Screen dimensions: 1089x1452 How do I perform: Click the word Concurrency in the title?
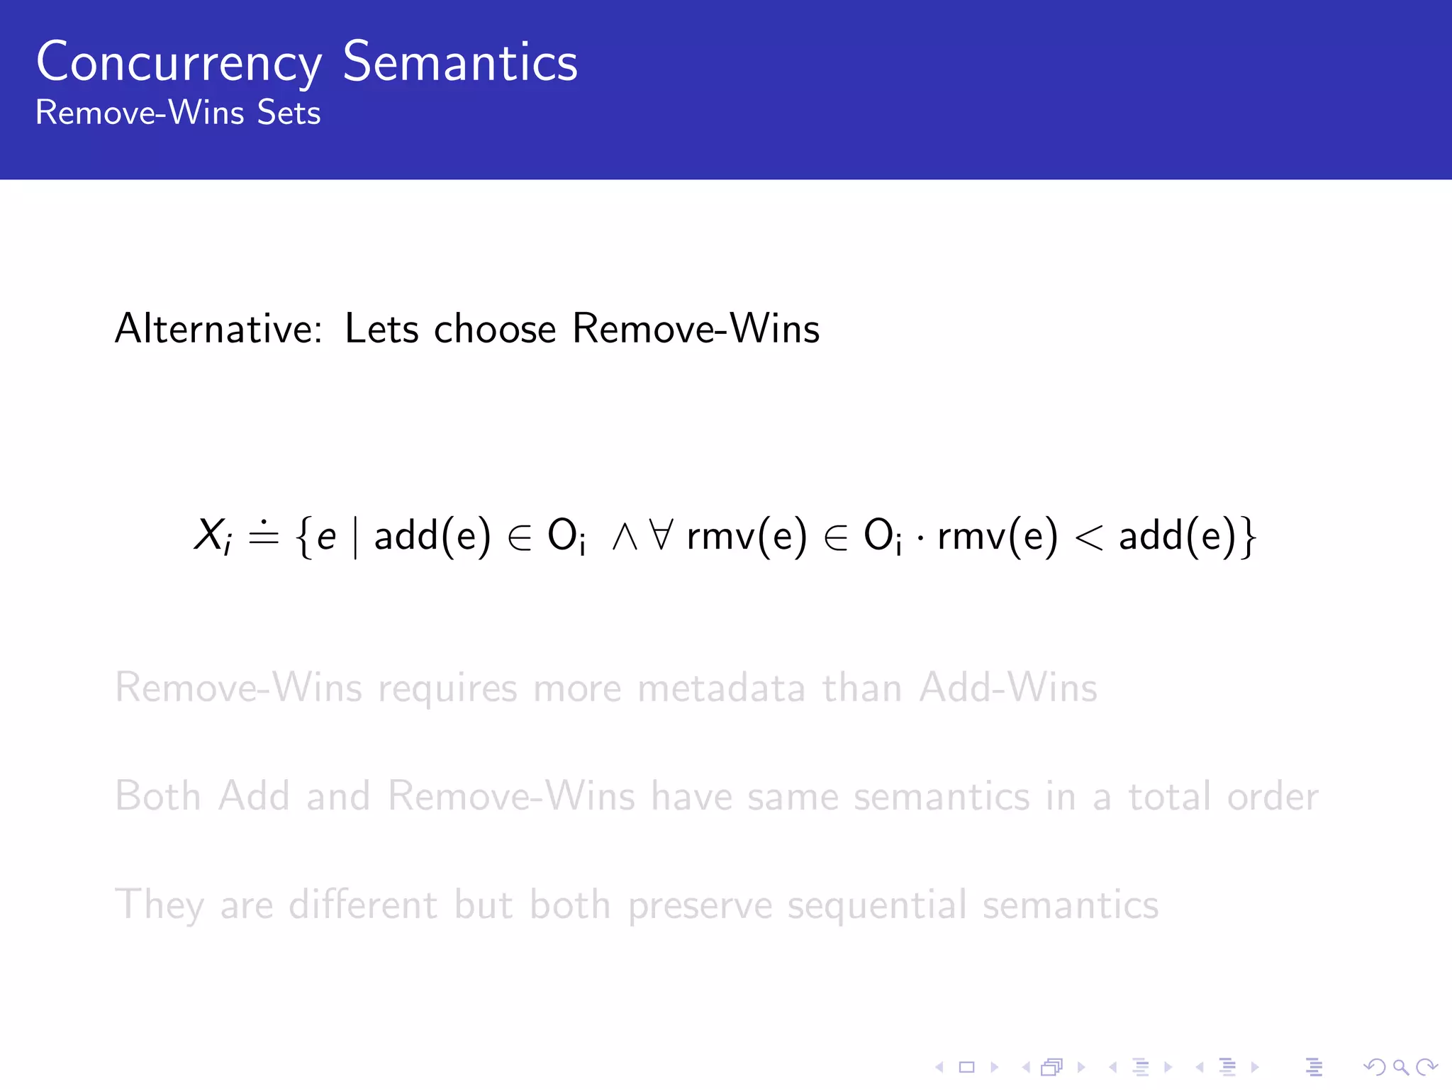click(179, 64)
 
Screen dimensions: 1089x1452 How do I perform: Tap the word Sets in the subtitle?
click(289, 113)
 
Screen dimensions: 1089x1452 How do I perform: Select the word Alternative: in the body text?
click(219, 329)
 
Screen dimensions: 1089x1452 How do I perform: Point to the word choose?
click(495, 329)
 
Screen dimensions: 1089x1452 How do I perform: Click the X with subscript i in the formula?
click(212, 535)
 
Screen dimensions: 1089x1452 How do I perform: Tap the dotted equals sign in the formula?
click(264, 535)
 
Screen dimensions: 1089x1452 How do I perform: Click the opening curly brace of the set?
click(304, 537)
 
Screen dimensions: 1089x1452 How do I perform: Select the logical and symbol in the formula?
click(625, 537)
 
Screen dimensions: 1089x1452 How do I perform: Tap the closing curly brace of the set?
click(1249, 537)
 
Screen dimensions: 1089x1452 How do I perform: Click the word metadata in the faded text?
click(721, 688)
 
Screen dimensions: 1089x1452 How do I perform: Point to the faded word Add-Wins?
click(1008, 688)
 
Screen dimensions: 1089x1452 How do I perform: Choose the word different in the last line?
click(363, 905)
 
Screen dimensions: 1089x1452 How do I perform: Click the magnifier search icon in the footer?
click(1400, 1067)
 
